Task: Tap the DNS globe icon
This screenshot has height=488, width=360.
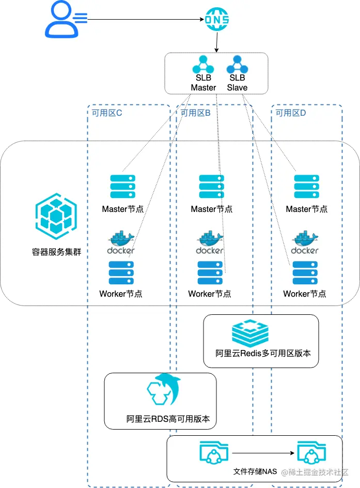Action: pos(216,20)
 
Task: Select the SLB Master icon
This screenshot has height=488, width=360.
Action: pos(203,65)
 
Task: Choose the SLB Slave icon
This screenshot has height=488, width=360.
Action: pos(237,65)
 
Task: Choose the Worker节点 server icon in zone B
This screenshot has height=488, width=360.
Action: pos(210,273)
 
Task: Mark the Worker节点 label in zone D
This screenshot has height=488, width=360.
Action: pos(305,294)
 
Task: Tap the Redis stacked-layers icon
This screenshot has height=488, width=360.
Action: pos(250,333)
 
